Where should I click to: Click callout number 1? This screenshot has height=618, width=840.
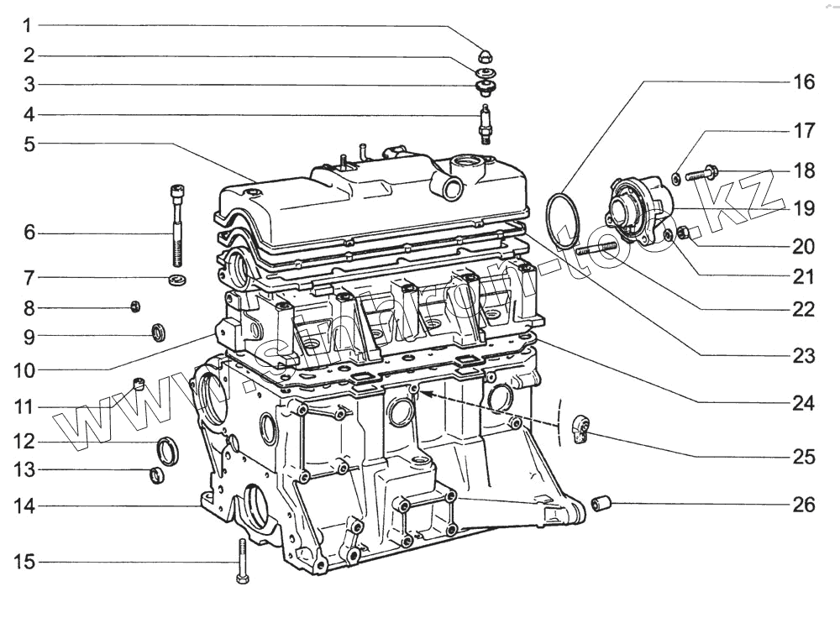point(29,25)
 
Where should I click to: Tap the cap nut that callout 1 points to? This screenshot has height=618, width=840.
point(486,56)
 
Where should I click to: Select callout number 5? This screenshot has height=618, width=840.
point(29,144)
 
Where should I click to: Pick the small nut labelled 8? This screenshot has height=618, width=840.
point(134,306)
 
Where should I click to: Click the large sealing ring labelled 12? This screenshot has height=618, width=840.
point(169,451)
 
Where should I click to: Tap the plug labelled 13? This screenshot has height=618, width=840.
point(157,476)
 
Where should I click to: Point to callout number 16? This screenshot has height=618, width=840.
point(804,82)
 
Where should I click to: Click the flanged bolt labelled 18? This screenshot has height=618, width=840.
point(701,175)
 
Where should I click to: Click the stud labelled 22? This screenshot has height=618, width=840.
point(597,247)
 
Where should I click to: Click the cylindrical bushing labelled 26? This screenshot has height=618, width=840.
point(601,504)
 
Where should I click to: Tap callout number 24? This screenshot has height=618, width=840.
point(804,403)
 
